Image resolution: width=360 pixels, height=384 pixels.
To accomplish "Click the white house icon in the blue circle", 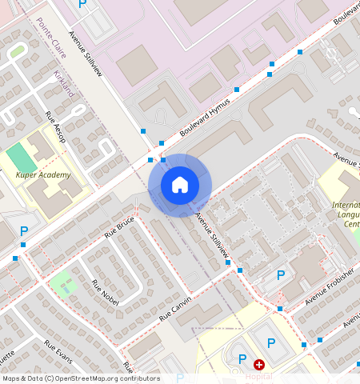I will click(x=180, y=185).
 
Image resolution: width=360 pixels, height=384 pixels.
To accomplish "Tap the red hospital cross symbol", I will click(x=258, y=364).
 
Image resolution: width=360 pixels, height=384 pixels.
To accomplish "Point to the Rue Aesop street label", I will click(x=55, y=127).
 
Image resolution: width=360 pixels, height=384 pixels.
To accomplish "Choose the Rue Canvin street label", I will click(x=175, y=307).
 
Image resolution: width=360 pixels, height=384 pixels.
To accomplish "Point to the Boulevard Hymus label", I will click(x=205, y=118).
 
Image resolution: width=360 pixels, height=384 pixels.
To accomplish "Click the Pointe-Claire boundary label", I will click(x=48, y=38).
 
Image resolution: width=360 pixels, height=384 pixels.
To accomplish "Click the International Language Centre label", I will click(x=346, y=214).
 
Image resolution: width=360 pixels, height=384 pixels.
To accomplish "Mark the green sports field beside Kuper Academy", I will click(x=22, y=158).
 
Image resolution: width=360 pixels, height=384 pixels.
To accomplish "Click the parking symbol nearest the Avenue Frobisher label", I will click(x=280, y=275).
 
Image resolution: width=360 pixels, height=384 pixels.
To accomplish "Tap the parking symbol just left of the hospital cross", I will click(x=242, y=359).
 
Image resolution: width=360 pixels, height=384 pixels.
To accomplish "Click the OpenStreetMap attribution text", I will click(x=80, y=378).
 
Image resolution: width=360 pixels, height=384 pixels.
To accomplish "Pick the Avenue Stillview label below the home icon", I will click(x=214, y=235).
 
